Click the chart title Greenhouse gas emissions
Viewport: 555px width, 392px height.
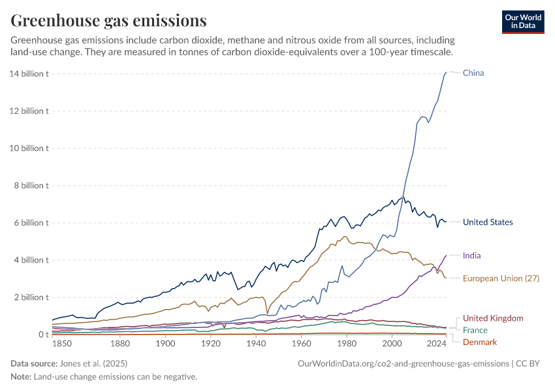[x=109, y=21]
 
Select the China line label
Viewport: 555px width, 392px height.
[x=473, y=73]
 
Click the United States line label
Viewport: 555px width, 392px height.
[x=488, y=222]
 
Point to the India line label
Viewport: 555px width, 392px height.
[x=471, y=255]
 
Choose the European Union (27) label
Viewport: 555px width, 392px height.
[x=501, y=278]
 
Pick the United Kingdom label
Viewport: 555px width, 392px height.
[x=493, y=318]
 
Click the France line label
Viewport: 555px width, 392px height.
[x=475, y=330]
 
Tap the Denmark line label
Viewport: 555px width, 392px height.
[x=479, y=342]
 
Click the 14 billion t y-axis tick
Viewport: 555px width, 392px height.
[x=30, y=74]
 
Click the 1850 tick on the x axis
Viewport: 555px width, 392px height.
[x=63, y=344]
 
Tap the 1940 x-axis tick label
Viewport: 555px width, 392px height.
[x=256, y=344]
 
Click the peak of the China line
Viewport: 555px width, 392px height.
[x=446, y=72]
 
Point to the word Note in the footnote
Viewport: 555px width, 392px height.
[x=21, y=377]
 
